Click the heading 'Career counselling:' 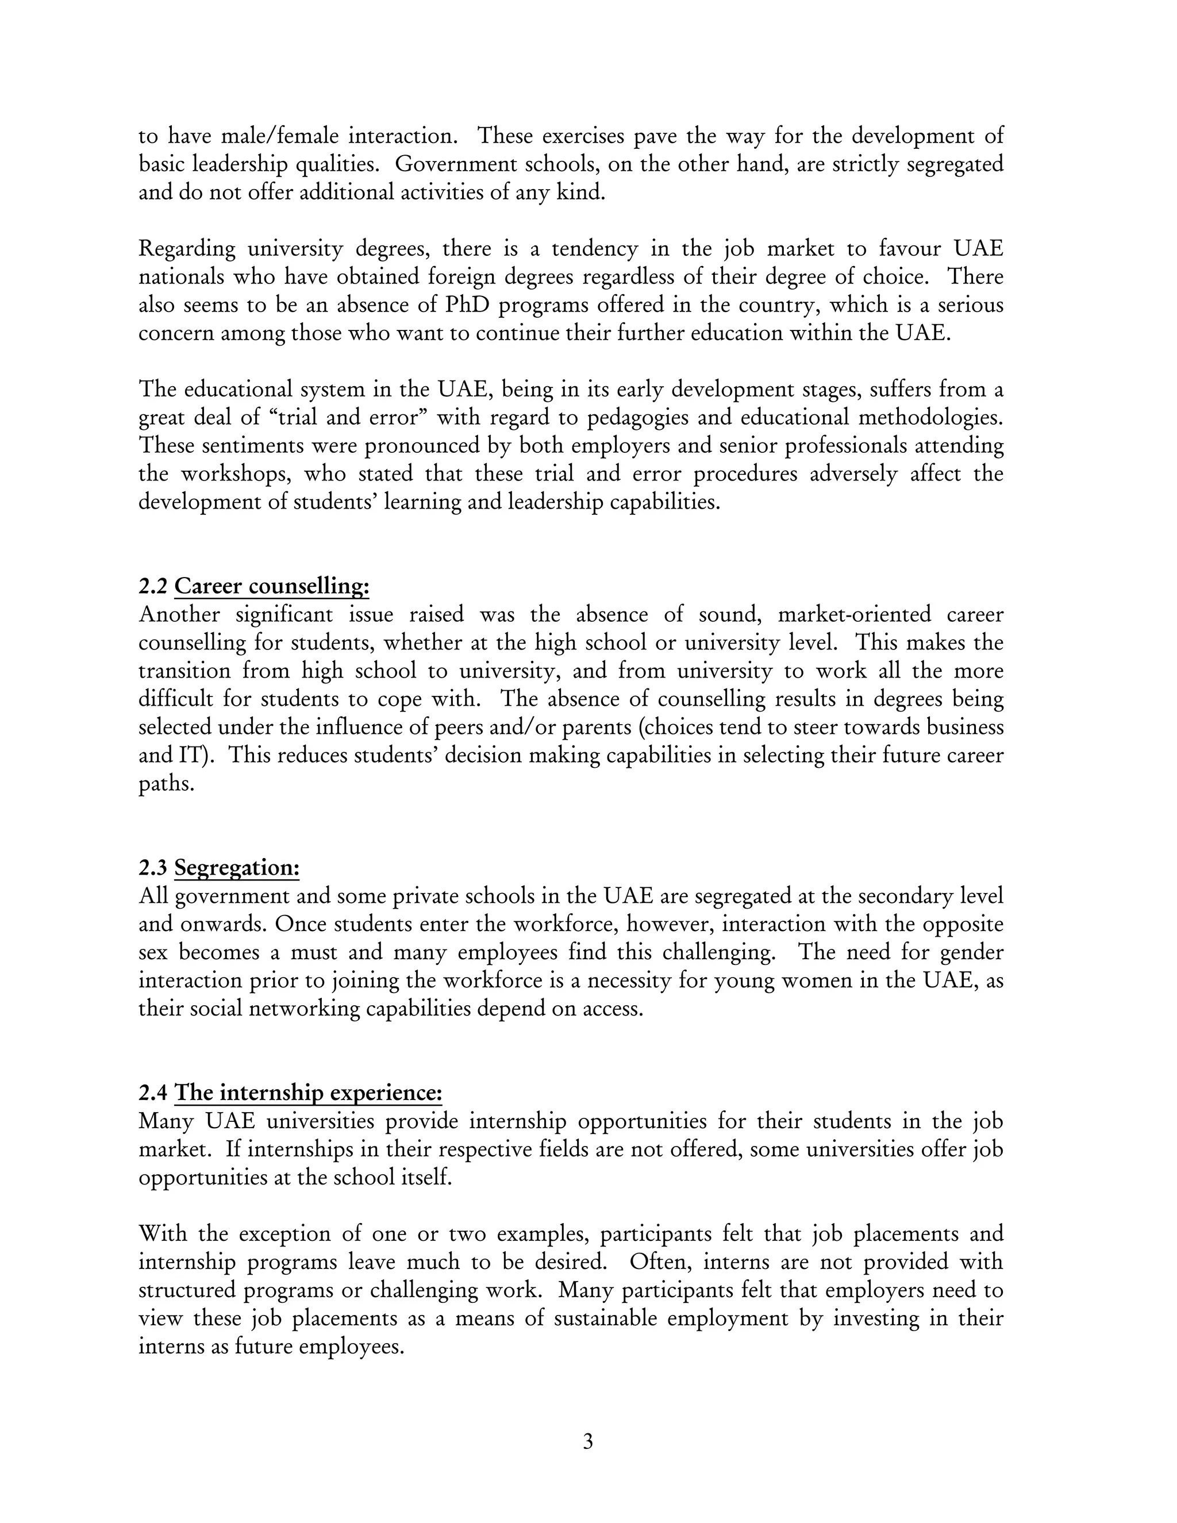point(271,586)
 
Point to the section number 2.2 point(153,586)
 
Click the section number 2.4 point(153,1093)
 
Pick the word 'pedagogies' point(635,418)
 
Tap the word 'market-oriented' point(854,615)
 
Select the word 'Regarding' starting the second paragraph point(187,249)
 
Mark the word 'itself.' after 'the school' point(428,1178)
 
